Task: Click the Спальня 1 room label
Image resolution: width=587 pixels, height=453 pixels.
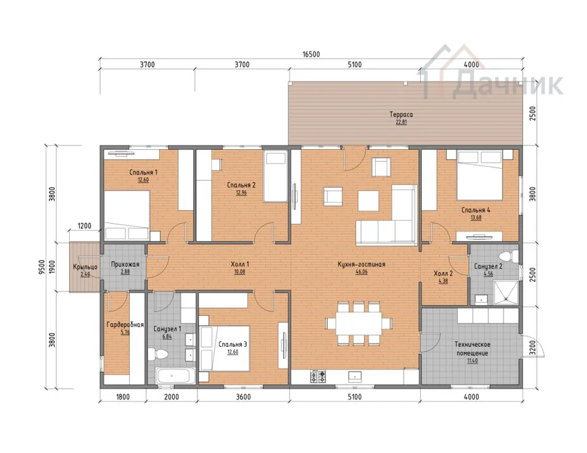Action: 143,173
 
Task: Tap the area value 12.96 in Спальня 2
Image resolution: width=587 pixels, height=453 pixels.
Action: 241,193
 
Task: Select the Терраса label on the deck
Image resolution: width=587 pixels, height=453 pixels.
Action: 401,115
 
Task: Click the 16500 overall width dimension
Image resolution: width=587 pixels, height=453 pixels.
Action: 311,54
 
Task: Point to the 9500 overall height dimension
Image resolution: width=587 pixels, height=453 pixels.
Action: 42,267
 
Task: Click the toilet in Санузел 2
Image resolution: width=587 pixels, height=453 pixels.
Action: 509,256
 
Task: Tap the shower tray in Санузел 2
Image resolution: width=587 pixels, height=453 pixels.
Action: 505,292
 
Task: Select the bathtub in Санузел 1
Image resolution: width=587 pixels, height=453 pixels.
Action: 175,375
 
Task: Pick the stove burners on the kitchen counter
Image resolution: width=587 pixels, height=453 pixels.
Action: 318,376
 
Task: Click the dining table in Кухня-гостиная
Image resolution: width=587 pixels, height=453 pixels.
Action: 359,323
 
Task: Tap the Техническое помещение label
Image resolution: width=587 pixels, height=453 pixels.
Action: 472,349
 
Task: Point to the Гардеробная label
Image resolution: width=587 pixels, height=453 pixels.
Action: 125,325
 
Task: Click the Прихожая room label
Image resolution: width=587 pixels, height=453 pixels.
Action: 125,265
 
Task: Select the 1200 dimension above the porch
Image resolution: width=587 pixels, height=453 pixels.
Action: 84,226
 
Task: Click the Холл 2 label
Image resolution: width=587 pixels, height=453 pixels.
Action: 444,274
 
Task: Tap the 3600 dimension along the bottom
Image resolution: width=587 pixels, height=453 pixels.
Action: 243,396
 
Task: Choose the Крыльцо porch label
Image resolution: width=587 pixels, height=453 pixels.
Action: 85,267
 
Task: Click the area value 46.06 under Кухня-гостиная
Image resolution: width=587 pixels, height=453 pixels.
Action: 361,272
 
